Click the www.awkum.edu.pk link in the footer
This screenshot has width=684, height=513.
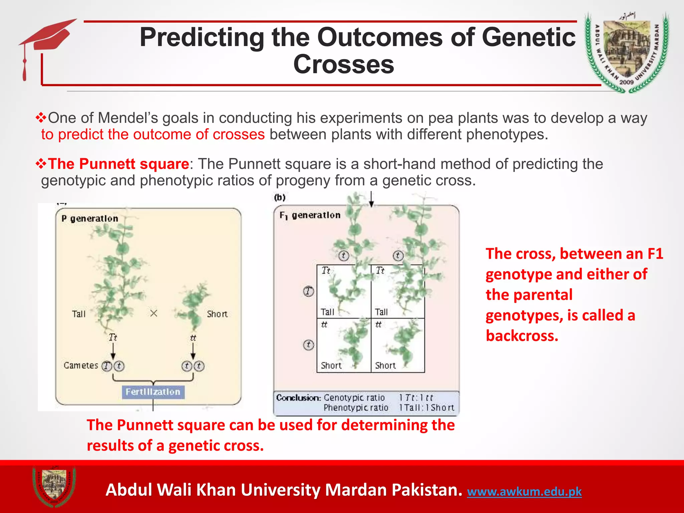(524, 492)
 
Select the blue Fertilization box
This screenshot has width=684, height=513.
(153, 392)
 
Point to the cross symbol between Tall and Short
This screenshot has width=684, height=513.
(154, 313)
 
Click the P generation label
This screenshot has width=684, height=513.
(90, 218)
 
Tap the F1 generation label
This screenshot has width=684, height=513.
(310, 215)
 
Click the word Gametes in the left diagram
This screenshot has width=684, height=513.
(81, 365)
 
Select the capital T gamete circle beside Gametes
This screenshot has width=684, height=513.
(107, 366)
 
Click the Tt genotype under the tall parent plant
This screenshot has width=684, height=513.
(113, 337)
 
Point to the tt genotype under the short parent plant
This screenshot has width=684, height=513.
(193, 338)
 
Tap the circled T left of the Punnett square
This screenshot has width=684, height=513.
(308, 291)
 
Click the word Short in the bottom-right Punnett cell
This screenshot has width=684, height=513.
(385, 365)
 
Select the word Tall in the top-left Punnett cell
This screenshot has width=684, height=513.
(327, 312)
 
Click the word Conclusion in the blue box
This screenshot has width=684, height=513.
(298, 397)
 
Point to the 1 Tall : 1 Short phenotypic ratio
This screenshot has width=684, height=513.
(426, 407)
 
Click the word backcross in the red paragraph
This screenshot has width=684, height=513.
(522, 336)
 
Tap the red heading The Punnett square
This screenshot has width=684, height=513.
(119, 164)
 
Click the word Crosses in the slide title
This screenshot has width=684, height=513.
(344, 64)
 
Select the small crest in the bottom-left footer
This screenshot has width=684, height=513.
(54, 486)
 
